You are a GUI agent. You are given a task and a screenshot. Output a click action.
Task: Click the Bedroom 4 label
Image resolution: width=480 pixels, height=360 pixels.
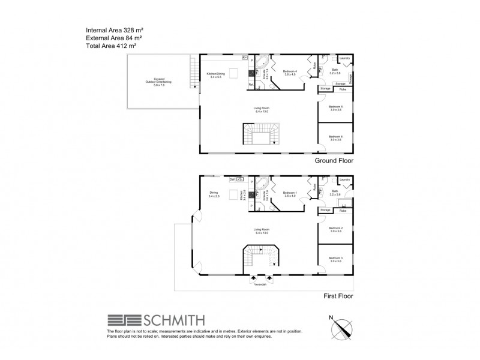point(290,72)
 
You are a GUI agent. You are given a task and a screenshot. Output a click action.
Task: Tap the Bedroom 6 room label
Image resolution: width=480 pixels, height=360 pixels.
point(335,137)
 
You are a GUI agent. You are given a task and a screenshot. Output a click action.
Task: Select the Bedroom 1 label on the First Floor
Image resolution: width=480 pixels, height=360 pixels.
point(290,193)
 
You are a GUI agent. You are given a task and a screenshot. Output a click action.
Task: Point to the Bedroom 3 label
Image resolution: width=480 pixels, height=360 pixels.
point(335,259)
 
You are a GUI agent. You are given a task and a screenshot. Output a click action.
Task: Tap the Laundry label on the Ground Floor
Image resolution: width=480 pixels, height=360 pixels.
point(344,58)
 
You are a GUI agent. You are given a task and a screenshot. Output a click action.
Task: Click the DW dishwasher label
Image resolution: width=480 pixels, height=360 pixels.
point(232,179)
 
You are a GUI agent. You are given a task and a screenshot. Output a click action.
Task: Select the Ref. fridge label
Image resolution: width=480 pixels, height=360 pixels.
point(251,84)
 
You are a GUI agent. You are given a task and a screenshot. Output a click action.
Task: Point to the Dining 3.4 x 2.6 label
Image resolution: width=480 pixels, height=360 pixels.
point(214,194)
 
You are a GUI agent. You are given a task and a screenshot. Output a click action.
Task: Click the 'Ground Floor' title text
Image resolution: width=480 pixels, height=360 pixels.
point(334,161)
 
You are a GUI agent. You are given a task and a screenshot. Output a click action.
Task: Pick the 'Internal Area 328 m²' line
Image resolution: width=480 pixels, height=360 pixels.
point(116,29)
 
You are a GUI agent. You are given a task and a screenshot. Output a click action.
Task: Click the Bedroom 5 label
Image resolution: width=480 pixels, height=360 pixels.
point(335,107)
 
